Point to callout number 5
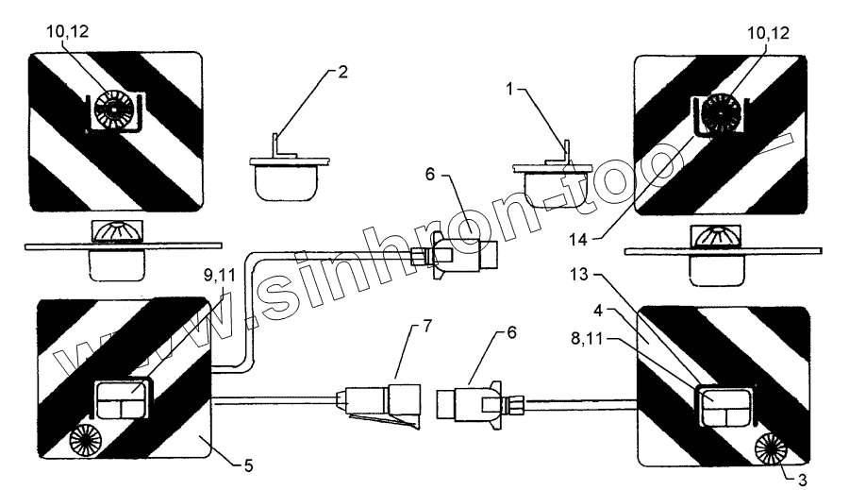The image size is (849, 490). [x=247, y=465]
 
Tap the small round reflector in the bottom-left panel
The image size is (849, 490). [x=90, y=440]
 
